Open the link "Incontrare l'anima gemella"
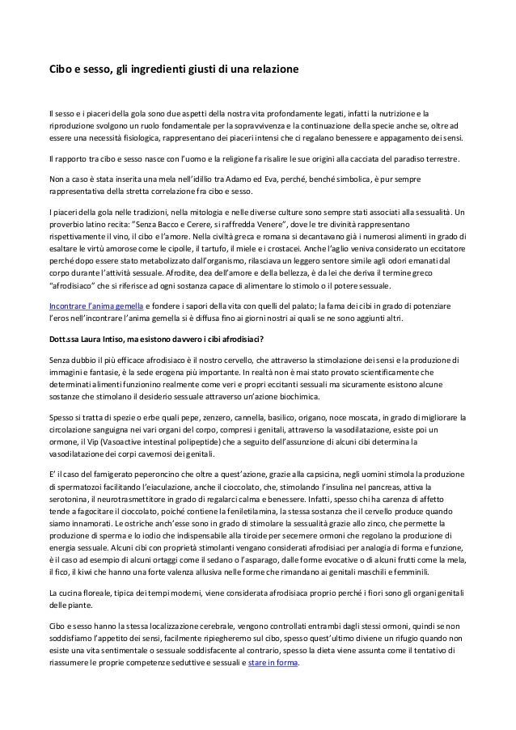[x=97, y=306]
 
